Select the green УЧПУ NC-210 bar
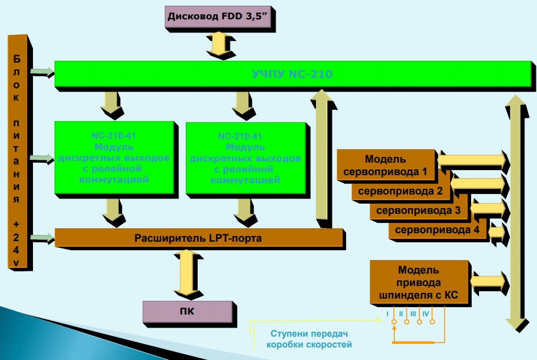point(291,74)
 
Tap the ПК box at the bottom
point(188,312)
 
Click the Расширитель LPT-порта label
point(198,238)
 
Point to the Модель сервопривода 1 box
point(386,165)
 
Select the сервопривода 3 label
point(419,210)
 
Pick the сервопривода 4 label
point(437,230)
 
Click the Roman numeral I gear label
point(388,313)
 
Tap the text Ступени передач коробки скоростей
point(309,339)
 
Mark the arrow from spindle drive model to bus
point(488,280)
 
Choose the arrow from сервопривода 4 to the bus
point(496,231)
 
